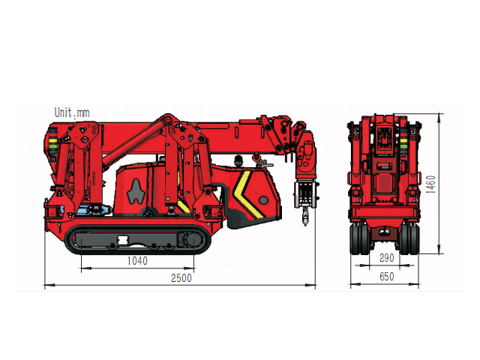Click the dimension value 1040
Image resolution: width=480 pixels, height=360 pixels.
click(x=137, y=261)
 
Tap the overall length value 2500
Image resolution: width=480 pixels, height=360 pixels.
click(x=181, y=278)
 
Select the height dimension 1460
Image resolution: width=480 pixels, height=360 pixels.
click(x=430, y=184)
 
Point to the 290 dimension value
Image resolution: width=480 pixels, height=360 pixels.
click(x=387, y=258)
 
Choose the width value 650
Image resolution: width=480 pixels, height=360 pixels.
click(x=387, y=277)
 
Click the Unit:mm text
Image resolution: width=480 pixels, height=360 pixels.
click(x=72, y=112)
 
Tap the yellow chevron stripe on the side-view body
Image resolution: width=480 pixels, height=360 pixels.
click(x=247, y=193)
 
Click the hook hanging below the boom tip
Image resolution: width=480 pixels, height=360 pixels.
click(x=305, y=217)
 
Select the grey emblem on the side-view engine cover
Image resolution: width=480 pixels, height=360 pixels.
click(x=136, y=192)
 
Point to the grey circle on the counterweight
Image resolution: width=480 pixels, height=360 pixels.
click(x=263, y=200)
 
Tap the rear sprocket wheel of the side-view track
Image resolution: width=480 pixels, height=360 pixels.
click(x=193, y=240)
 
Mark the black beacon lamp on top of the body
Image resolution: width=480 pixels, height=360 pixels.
click(x=238, y=160)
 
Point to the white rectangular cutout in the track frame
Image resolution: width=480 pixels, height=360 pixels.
click(x=123, y=240)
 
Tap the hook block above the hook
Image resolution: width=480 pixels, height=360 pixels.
click(x=305, y=195)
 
